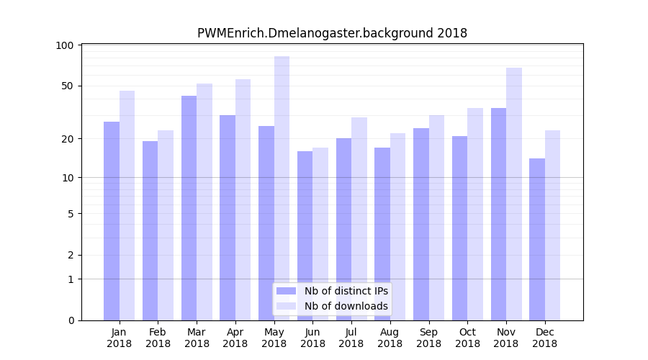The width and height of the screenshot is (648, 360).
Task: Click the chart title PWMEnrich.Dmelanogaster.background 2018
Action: (x=332, y=33)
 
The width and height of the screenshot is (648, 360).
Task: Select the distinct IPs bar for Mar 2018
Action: (x=189, y=208)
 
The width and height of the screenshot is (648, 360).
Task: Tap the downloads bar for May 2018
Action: (x=282, y=188)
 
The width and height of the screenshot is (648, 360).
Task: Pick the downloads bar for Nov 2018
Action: (x=514, y=194)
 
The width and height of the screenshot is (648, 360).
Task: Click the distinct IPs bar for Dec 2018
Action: (x=537, y=239)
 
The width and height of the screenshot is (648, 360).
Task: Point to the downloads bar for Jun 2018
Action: (x=320, y=234)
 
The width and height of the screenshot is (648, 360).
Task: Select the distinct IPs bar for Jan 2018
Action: (x=112, y=221)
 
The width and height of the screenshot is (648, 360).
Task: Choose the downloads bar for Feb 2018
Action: (x=166, y=225)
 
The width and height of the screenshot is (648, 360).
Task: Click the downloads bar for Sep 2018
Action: (x=436, y=217)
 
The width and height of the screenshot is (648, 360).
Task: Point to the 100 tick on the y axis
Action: (x=66, y=45)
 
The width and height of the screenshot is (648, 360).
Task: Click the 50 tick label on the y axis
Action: (x=68, y=86)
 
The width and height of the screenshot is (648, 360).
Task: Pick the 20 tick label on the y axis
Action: (x=68, y=138)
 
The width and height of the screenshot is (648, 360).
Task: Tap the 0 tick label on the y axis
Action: (x=71, y=320)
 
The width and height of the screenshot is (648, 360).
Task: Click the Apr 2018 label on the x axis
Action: (x=235, y=338)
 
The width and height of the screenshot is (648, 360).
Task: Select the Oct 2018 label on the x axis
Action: (x=467, y=338)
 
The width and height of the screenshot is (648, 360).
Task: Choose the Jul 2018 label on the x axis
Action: (x=351, y=338)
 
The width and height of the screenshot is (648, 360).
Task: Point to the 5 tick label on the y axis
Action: (x=71, y=213)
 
